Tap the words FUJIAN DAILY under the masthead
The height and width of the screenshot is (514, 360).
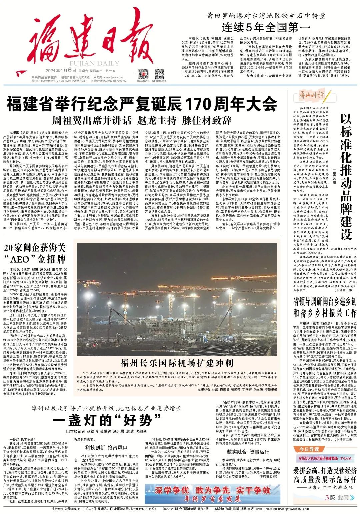(x=90, y=64)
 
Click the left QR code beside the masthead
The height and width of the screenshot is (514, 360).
(x=143, y=74)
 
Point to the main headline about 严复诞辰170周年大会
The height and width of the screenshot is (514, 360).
(x=142, y=104)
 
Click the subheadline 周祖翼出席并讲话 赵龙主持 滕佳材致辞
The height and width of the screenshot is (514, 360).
(x=142, y=120)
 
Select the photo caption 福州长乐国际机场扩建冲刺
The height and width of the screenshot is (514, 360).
(x=177, y=363)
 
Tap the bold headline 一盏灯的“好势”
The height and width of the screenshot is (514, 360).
(x=107, y=420)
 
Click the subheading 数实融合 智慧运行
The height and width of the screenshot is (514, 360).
(x=248, y=452)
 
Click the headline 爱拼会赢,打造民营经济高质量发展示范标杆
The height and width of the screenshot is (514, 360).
(x=325, y=475)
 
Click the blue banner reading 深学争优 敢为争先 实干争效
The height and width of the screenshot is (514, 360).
(x=212, y=494)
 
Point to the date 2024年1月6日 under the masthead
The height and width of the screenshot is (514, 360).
(x=61, y=70)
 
